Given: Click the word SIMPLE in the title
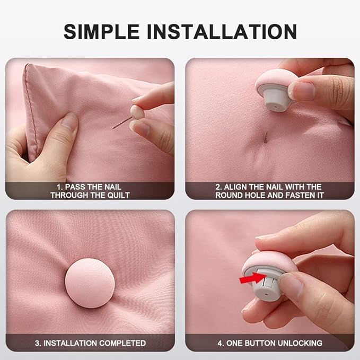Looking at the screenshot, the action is [x=101, y=31].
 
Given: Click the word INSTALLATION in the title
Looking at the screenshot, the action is [x=222, y=31].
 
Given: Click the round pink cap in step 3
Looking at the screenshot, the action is [x=90, y=283].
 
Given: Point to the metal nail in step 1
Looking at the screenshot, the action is [x=122, y=123].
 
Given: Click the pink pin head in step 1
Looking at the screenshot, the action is [x=137, y=111].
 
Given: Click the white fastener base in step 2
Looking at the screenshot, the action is [x=275, y=98].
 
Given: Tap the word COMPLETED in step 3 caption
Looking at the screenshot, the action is [x=122, y=343].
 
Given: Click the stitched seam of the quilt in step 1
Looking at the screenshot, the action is [x=31, y=110].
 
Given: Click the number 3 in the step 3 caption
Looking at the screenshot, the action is [x=38, y=343].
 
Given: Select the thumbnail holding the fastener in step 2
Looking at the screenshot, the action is [x=303, y=90].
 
